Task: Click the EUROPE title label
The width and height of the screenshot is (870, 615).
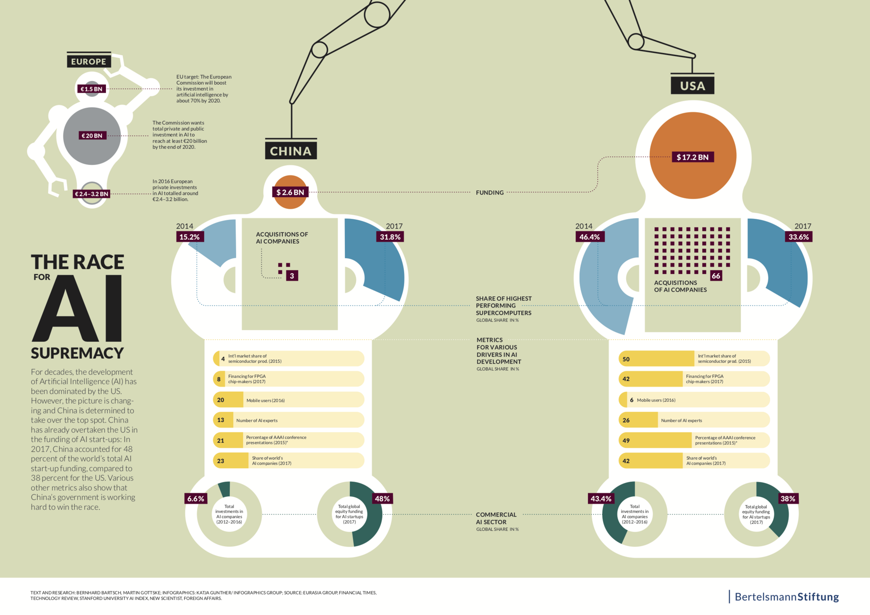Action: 89,61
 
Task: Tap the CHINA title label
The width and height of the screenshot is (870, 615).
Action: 291,151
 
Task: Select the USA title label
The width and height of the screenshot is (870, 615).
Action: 692,85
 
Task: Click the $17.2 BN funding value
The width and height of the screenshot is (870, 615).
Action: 692,157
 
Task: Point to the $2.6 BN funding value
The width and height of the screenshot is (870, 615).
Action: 290,192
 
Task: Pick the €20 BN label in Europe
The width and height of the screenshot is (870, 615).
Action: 92,135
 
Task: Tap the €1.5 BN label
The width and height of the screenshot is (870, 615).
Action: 92,89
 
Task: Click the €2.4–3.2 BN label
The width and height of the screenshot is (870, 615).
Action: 92,194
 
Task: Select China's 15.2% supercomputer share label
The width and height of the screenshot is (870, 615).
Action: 190,237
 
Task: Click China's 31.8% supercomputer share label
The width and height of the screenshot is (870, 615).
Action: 390,237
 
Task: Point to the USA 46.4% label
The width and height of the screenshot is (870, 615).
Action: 590,237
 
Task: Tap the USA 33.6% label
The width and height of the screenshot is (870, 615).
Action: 798,237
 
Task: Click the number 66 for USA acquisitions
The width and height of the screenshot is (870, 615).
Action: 716,276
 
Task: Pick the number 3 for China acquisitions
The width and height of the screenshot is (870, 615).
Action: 292,276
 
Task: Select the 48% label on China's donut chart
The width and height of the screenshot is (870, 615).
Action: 382,499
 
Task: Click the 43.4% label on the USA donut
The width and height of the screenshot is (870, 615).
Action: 601,499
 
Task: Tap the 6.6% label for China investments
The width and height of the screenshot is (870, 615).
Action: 196,499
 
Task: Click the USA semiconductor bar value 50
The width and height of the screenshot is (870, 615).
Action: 626,359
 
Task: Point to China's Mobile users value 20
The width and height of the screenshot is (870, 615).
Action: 221,400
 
